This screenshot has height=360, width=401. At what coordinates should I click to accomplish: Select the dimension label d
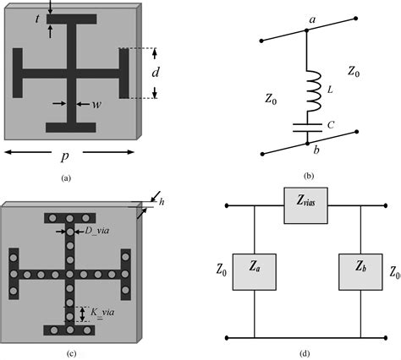click(x=156, y=74)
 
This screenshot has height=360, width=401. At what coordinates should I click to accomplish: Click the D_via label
click(x=96, y=229)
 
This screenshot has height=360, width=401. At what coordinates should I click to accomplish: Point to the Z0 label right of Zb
click(x=393, y=274)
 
